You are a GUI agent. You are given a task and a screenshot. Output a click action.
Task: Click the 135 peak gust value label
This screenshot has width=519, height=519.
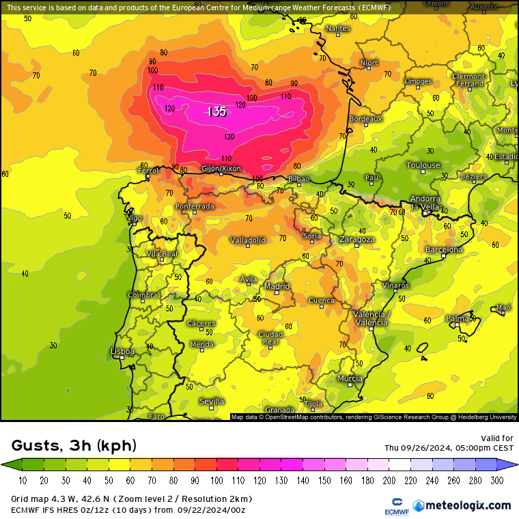click(x=216, y=112)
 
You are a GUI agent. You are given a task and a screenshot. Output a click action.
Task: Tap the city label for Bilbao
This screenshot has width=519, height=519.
click(x=298, y=179)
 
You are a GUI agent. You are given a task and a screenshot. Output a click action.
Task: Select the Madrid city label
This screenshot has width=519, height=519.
click(x=277, y=286)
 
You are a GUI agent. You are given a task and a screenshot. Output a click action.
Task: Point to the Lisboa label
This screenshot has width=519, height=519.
click(x=122, y=351)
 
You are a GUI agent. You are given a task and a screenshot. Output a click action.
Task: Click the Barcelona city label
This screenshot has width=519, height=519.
click(x=444, y=250)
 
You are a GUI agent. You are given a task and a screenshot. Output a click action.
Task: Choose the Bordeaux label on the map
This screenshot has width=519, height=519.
click(x=365, y=119)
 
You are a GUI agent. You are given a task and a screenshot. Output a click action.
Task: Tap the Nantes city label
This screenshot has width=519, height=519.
click(x=337, y=29)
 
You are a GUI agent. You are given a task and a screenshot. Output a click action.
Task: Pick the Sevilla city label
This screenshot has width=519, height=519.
click(x=212, y=402)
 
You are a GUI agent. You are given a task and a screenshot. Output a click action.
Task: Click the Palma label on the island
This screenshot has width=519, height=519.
click(x=457, y=318)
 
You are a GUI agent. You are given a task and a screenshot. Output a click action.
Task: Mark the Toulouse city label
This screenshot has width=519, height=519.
click(x=423, y=165)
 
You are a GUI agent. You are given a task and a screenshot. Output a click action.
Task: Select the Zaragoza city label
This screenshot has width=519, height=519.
click(x=357, y=240)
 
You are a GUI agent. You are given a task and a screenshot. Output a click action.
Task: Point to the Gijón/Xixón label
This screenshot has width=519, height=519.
click(x=221, y=168)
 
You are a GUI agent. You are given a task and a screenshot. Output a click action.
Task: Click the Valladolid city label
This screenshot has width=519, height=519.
click(x=247, y=240)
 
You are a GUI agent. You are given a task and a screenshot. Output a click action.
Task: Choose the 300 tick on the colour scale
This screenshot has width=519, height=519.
click(x=496, y=481)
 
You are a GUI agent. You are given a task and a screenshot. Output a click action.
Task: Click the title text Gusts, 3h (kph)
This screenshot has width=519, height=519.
click(x=74, y=446)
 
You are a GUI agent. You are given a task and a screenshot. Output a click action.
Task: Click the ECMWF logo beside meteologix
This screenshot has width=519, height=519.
click(x=393, y=506)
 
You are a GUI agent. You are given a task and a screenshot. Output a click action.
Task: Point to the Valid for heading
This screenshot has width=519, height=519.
click(x=498, y=438)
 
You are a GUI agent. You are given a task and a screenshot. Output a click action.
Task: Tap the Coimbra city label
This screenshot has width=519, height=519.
click(x=142, y=295)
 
